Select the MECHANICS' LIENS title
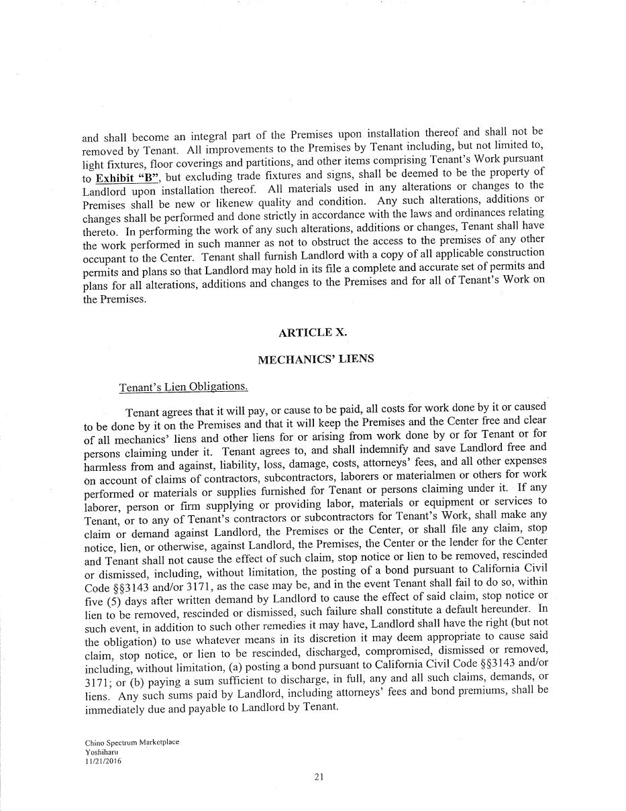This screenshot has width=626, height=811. click(x=316, y=359)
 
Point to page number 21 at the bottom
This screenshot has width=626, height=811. click(x=319, y=777)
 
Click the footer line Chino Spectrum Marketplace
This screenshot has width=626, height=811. click(x=132, y=743)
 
